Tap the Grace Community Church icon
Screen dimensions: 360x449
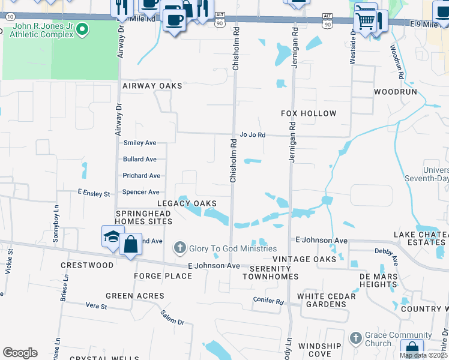pos(355,338)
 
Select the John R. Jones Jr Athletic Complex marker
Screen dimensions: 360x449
pos(83,28)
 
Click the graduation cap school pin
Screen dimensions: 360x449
pos(112,239)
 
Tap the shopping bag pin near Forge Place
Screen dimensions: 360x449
pos(130,244)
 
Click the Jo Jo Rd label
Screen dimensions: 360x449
pos(252,135)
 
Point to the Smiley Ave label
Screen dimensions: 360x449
pos(139,143)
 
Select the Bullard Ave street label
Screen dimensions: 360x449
pos(139,159)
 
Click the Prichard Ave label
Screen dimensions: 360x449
pos(141,176)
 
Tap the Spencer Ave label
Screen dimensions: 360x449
pos(140,192)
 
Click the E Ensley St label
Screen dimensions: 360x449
pos(94,194)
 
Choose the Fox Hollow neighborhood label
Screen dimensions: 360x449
pos(309,113)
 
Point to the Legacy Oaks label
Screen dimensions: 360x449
pos(187,203)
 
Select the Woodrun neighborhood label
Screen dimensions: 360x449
pos(395,92)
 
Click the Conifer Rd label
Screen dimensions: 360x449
pos(267,301)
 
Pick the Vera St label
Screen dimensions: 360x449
pos(96,306)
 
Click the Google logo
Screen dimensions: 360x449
pos(20,353)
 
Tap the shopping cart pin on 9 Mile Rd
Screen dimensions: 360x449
pos(365,21)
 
